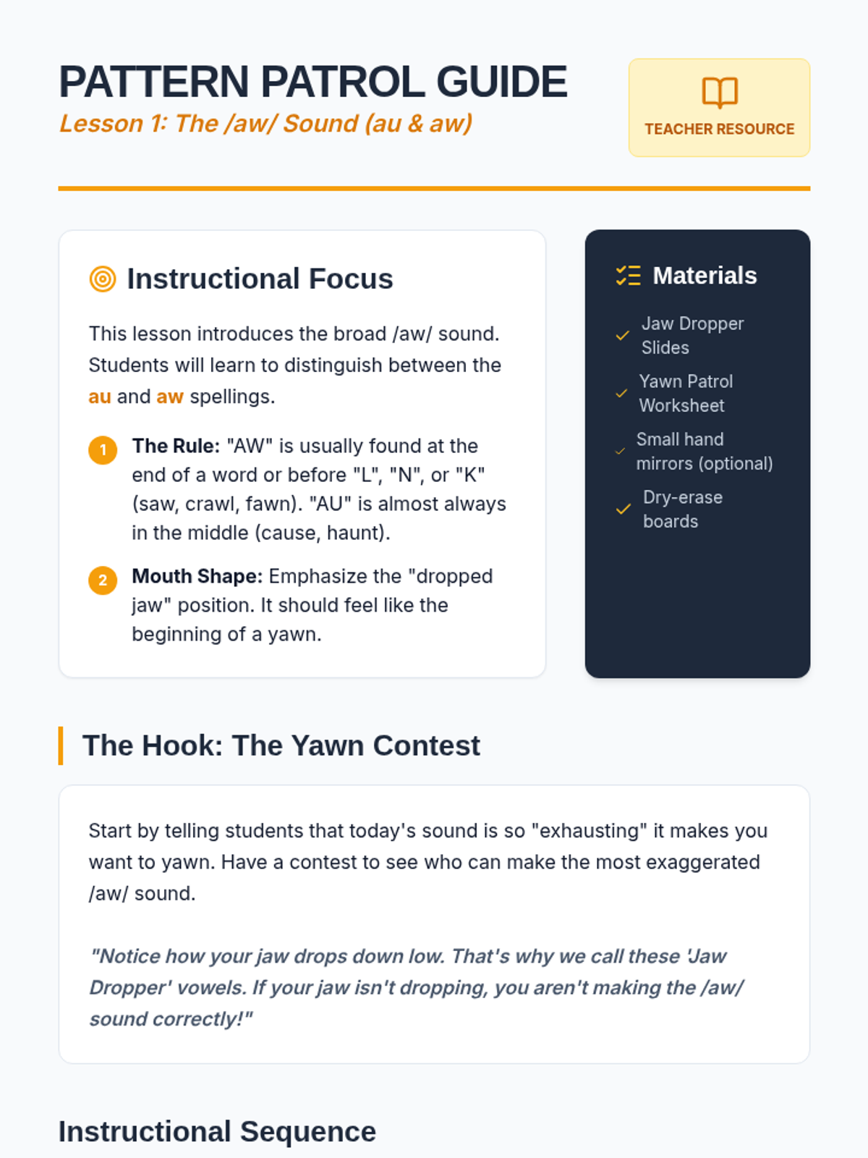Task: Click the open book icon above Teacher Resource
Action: pyautogui.click(x=720, y=93)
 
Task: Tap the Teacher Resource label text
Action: pyautogui.click(x=720, y=130)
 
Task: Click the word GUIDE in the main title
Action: pyautogui.click(x=502, y=82)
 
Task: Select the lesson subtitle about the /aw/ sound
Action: pyautogui.click(x=265, y=124)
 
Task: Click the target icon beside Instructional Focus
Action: pyautogui.click(x=103, y=279)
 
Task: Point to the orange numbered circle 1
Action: pyautogui.click(x=103, y=450)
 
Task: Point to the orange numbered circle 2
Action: pyautogui.click(x=103, y=580)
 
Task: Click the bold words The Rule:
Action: pyautogui.click(x=176, y=446)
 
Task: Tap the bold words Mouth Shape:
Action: pyautogui.click(x=197, y=576)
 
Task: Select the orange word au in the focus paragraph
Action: pyautogui.click(x=100, y=397)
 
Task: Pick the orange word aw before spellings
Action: pyautogui.click(x=170, y=397)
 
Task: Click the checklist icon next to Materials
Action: pyautogui.click(x=628, y=276)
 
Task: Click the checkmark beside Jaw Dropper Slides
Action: pyautogui.click(x=622, y=336)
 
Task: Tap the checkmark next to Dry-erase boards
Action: pyautogui.click(x=623, y=510)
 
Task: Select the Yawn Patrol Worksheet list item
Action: pyautogui.click(x=686, y=393)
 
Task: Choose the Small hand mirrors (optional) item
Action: pyautogui.click(x=704, y=451)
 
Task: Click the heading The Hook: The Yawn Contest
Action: pyautogui.click(x=281, y=745)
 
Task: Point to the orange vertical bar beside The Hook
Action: pyautogui.click(x=61, y=745)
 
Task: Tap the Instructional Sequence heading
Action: pyautogui.click(x=217, y=1132)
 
